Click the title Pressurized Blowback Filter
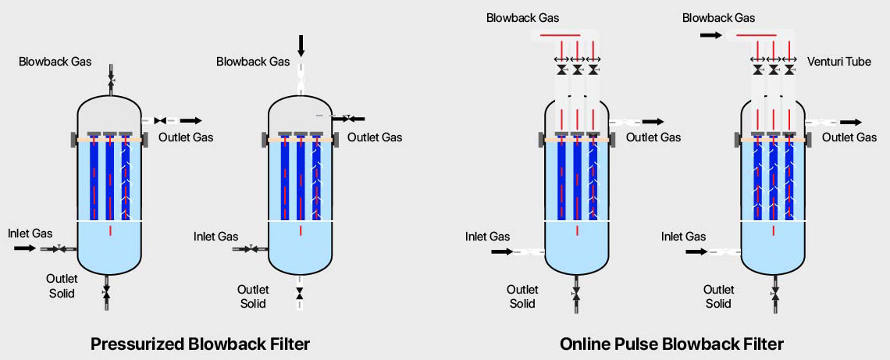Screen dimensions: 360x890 (x=201, y=344)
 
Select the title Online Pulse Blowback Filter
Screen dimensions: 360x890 (x=671, y=344)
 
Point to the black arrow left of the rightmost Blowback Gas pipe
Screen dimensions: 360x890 (x=710, y=35)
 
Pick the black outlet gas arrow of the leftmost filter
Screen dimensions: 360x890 (x=190, y=120)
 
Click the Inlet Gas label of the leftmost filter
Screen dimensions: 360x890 (x=30, y=233)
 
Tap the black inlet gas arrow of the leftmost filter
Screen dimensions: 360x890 (x=25, y=248)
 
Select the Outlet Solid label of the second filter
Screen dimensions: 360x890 (x=253, y=297)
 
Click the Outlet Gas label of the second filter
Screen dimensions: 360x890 (x=375, y=137)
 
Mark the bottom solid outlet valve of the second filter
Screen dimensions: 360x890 (x=300, y=294)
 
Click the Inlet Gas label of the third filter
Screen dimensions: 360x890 (x=487, y=237)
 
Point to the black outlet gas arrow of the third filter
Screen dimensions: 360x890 (x=653, y=122)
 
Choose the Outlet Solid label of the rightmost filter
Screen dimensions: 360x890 (x=718, y=297)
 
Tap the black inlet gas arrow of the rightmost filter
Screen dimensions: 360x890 (x=696, y=251)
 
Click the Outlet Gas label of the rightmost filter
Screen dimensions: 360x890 (x=849, y=137)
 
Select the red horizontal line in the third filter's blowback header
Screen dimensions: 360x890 (x=560, y=35)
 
